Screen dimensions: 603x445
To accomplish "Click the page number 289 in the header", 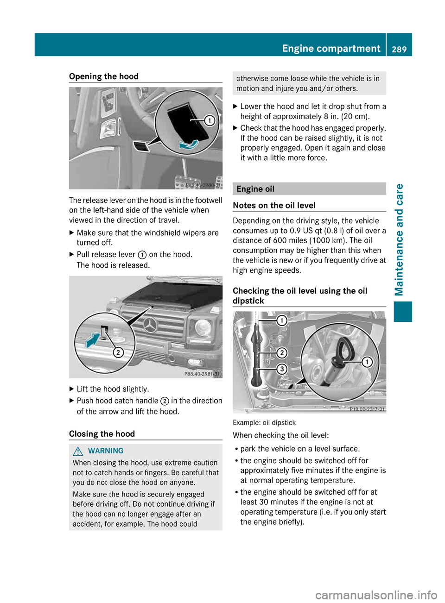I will (x=399, y=49).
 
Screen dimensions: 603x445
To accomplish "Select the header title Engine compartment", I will (x=331, y=49).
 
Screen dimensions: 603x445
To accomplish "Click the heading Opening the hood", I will (x=104, y=76).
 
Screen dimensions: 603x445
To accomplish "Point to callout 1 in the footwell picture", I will (x=210, y=121).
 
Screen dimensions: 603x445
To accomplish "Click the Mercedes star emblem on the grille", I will (x=150, y=325).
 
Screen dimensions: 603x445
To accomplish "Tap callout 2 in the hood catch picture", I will (x=118, y=352).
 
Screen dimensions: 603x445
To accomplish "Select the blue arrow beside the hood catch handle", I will (x=93, y=341).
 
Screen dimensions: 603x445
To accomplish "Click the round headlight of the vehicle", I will (x=203, y=327).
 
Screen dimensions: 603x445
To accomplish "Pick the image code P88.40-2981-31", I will (x=202, y=374).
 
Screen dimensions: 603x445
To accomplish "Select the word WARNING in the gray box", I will (x=106, y=451).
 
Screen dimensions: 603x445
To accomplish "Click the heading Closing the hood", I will (x=102, y=434).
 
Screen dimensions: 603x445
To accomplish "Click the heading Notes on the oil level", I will (x=274, y=205).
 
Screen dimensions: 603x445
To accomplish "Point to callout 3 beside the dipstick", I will (x=281, y=369).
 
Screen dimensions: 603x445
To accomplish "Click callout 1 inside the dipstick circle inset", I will (x=367, y=362).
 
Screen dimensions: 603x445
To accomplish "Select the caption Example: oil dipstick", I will (x=264, y=422).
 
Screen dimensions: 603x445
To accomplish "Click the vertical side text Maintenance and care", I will (x=399, y=239).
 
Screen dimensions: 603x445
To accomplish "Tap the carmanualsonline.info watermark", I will (x=376, y=595).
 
